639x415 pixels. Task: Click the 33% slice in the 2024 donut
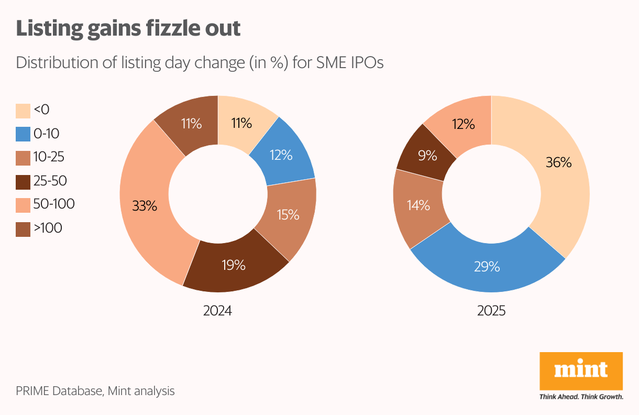point(145,205)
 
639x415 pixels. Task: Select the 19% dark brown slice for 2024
point(233,265)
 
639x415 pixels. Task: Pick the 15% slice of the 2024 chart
point(288,215)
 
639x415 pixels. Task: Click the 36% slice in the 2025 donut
point(558,163)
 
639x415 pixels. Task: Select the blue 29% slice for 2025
point(487,267)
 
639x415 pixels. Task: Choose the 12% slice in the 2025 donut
point(464,124)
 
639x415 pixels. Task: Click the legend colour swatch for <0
point(23,111)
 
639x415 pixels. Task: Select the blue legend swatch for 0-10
point(23,135)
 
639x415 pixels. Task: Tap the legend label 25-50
point(50,181)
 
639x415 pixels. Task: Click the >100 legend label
point(48,228)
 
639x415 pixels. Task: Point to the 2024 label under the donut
point(217,311)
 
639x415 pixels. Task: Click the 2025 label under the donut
point(491,311)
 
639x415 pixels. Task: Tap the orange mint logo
point(581,370)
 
